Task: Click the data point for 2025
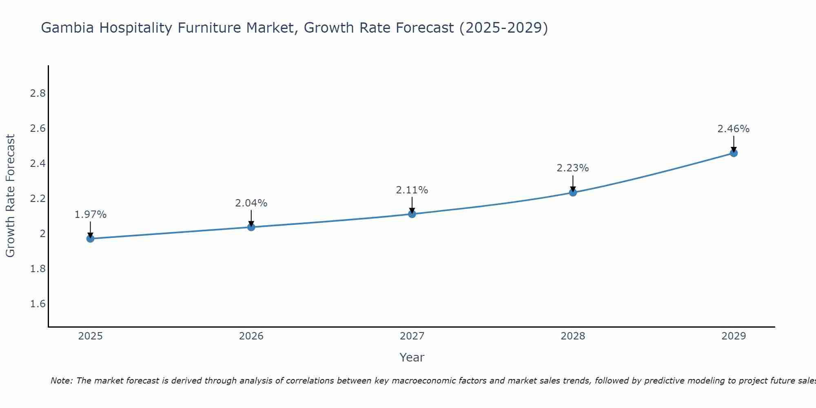[x=90, y=238]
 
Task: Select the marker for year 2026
[x=251, y=227]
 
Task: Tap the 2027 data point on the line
[x=412, y=214]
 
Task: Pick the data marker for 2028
[x=572, y=192]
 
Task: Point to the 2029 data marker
[x=733, y=153]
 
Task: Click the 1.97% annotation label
[x=90, y=215]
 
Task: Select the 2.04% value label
[x=251, y=203]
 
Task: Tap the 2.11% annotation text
[x=412, y=190]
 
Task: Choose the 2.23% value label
[x=572, y=168]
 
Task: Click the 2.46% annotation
[x=733, y=129]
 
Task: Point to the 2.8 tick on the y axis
[x=38, y=93]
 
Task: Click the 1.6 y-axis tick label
[x=38, y=304]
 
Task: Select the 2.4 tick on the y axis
[x=38, y=164]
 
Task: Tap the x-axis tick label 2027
[x=412, y=336]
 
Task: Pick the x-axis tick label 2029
[x=733, y=336]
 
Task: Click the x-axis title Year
[x=412, y=357]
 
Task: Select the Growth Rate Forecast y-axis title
[x=11, y=196]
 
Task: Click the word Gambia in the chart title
[x=68, y=28]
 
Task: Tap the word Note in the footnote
[x=61, y=381]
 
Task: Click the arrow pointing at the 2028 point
[x=572, y=183]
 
